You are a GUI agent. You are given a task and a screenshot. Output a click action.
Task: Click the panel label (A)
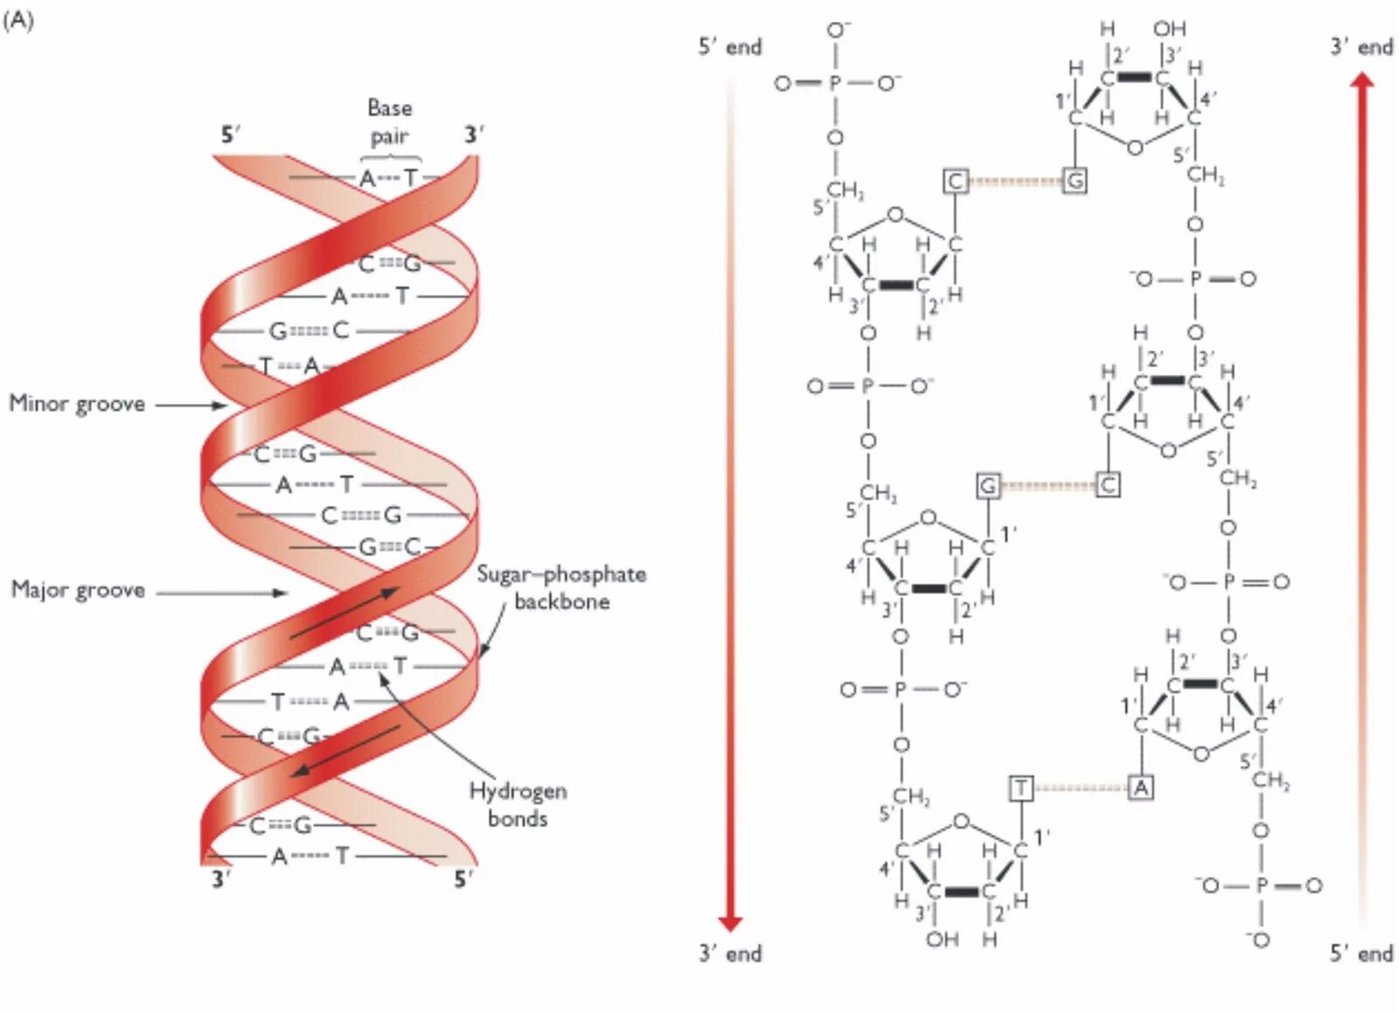point(18,20)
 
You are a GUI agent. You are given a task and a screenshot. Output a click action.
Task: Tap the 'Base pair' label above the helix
point(389,122)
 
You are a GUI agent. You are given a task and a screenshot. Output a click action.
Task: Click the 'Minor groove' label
point(77,404)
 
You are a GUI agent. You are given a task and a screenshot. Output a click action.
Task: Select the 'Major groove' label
point(78,590)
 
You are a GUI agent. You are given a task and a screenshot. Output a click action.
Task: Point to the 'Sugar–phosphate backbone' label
point(561,587)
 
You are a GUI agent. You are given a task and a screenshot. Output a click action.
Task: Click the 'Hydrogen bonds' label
point(518,804)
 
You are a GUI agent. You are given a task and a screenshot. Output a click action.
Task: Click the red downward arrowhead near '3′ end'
point(730,923)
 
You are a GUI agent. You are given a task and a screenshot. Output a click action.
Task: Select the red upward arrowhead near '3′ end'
point(1361,80)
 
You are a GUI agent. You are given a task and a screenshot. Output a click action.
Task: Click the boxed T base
point(1021,788)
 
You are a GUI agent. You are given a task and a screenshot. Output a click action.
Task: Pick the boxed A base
point(1140,788)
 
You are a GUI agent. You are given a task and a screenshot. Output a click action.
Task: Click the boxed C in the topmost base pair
point(955,181)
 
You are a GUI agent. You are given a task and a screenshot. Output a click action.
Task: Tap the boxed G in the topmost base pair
point(1075,181)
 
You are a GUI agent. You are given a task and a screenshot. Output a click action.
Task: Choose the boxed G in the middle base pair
point(988,485)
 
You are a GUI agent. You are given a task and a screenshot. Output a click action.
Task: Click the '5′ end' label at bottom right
point(1361,954)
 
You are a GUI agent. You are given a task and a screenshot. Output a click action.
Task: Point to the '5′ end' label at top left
point(729,47)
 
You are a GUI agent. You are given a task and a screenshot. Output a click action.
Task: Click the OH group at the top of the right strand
point(1169,30)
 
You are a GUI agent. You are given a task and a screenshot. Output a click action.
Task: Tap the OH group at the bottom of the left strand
point(943,940)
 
